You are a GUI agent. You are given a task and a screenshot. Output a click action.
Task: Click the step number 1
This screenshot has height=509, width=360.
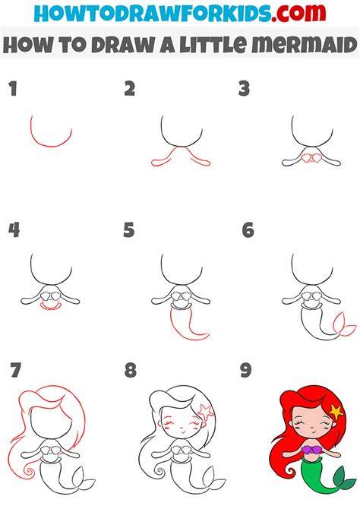13,89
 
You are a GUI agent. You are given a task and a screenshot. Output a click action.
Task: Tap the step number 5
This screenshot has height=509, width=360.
128,230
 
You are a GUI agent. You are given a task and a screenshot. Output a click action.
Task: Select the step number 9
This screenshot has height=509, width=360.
246,370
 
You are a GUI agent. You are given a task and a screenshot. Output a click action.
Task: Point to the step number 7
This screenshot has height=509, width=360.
16,370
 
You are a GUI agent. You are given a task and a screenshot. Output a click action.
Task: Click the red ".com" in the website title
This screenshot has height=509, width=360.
298,13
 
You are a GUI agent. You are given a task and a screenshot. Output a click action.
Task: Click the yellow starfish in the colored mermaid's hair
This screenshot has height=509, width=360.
336,412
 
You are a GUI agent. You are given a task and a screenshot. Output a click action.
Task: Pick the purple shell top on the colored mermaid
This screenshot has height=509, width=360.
311,450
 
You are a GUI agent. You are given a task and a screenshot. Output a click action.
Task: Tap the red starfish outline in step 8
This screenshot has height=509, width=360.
206,411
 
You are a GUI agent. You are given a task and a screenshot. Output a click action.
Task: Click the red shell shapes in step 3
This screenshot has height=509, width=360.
311,158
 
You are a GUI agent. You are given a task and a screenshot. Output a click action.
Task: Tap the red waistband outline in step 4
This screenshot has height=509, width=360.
49,307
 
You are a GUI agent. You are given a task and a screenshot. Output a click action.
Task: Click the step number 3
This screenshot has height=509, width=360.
244,89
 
